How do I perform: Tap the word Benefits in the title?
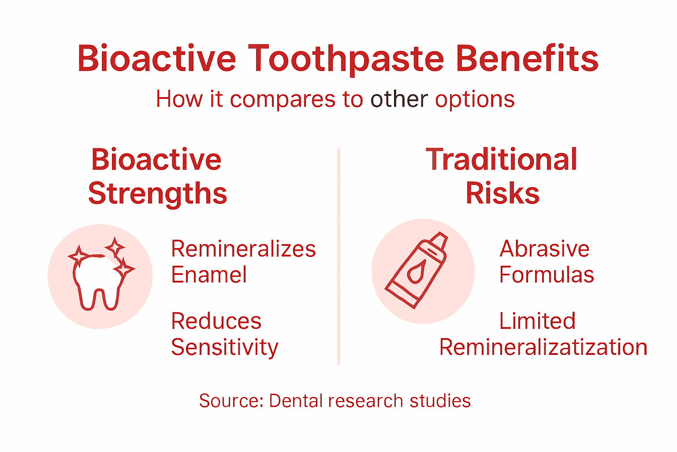pyautogui.click(x=527, y=59)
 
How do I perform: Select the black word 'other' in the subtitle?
pyautogui.click(x=399, y=99)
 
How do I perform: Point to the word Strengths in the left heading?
pyautogui.click(x=157, y=194)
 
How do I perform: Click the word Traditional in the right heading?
pyautogui.click(x=502, y=159)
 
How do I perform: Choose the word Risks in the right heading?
pyautogui.click(x=502, y=193)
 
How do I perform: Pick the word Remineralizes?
pyautogui.click(x=243, y=249)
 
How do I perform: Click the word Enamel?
pyautogui.click(x=209, y=275)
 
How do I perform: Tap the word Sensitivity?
pyautogui.click(x=225, y=348)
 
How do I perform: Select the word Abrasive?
pyautogui.click(x=544, y=249)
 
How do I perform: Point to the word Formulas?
pyautogui.click(x=547, y=275)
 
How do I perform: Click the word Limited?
pyautogui.click(x=537, y=321)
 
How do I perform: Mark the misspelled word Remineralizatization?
pyautogui.click(x=543, y=347)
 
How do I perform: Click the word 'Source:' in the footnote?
pyautogui.click(x=231, y=401)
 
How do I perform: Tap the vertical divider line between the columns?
pyautogui.click(x=338, y=256)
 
